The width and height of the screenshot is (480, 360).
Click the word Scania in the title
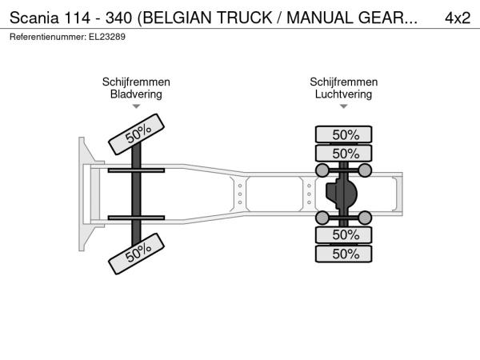pos(34,18)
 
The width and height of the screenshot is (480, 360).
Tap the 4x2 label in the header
pos(458,18)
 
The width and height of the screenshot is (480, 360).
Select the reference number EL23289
pos(107,37)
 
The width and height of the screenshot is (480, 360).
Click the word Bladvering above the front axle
pos(136,94)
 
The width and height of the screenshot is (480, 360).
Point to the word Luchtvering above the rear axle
pos(343,94)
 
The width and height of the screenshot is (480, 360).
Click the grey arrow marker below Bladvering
pos(136,106)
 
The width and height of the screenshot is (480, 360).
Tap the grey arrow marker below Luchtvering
pos(344,106)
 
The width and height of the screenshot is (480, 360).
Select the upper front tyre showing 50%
pos(137,134)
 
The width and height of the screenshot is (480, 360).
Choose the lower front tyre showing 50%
pos(137,254)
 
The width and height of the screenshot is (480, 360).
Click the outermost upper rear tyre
pos(343,134)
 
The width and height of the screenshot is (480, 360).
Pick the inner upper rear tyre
pos(343,153)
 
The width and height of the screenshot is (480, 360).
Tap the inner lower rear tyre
pos(343,235)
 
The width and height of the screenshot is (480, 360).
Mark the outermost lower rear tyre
pos(343,254)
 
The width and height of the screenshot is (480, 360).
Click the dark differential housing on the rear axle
pos(341,194)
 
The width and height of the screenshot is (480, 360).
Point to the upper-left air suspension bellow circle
pos(322,170)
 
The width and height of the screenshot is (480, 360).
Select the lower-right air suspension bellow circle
pos(365,218)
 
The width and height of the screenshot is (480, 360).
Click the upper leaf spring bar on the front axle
pos(136,170)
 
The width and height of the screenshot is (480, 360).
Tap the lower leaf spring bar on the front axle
pos(136,218)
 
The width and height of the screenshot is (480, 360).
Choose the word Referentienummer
pos(48,37)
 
